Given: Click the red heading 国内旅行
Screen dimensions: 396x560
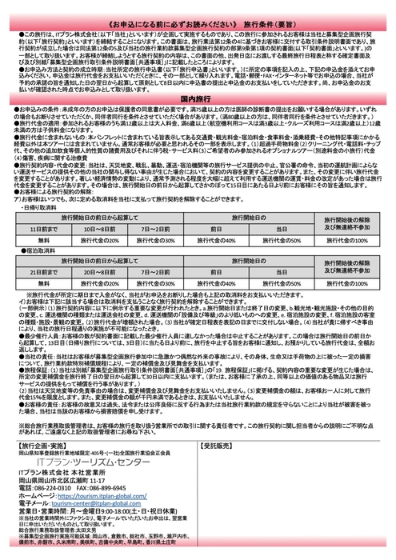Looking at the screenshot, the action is pyautogui.click(x=198, y=116).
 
